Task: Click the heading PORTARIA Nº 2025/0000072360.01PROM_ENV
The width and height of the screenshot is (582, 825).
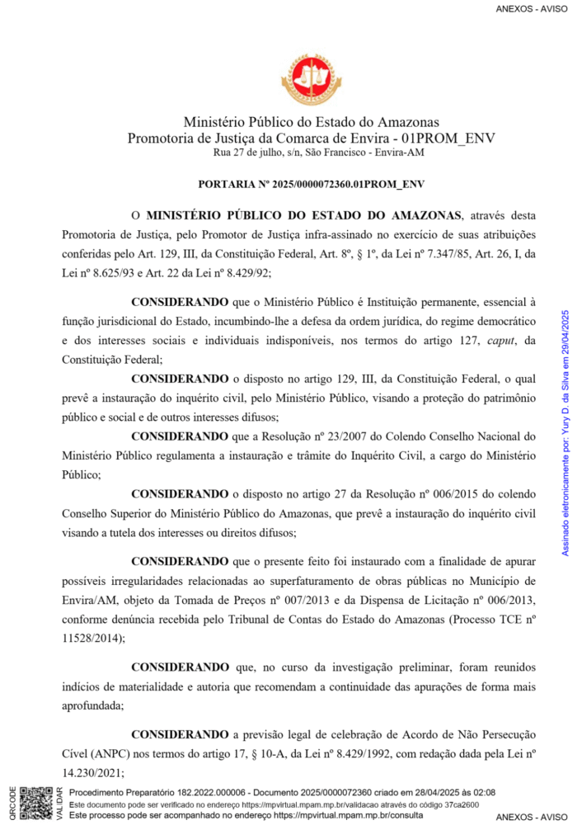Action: point(311,184)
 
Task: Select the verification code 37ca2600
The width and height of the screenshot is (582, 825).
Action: point(464,804)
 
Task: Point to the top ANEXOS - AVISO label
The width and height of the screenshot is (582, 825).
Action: point(533,9)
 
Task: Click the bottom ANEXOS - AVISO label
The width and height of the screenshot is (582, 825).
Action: point(533,816)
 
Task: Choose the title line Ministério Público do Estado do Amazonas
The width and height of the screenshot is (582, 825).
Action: point(311,122)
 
